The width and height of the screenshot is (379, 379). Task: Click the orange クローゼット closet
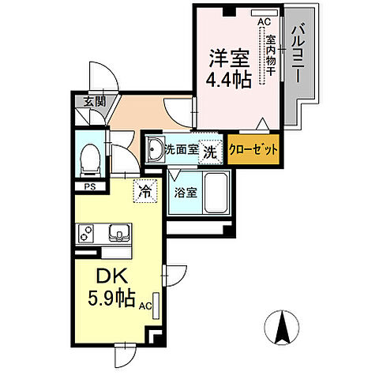coord(253,150)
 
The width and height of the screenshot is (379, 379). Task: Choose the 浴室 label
coord(186,192)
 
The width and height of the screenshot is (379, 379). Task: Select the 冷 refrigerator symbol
coord(144,189)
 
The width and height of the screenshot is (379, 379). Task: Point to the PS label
coord(89,186)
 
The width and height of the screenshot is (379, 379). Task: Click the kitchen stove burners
coord(86,234)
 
